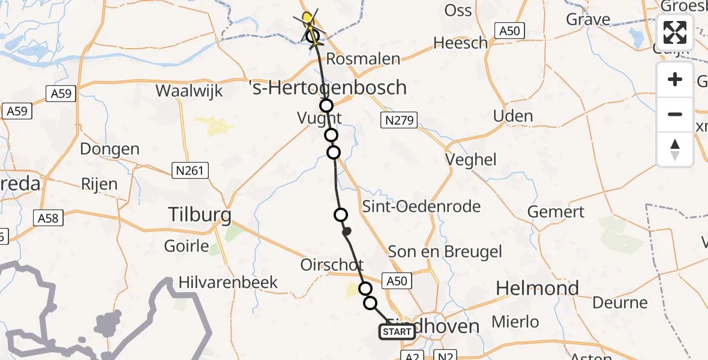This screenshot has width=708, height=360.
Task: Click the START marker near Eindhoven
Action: (397, 332)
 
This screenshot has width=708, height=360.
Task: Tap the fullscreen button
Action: (675, 32)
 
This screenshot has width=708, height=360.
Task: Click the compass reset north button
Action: (675, 149)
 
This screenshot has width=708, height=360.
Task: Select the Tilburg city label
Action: (200, 214)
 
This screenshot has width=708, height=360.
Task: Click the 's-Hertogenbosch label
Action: (328, 88)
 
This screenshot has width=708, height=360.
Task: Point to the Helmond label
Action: (538, 289)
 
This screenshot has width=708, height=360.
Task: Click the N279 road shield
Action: (398, 121)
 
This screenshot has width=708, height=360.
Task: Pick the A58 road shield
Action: (48, 217)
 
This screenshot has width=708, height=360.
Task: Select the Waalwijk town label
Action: (189, 91)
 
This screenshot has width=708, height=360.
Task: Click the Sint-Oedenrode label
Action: (421, 206)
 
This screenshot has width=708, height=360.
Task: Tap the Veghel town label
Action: (471, 160)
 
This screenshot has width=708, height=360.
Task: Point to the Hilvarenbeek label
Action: (228, 283)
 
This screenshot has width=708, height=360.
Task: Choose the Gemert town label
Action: (556, 211)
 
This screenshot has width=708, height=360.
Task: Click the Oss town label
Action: (459, 10)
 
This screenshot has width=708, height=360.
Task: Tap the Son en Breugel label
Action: (445, 251)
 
